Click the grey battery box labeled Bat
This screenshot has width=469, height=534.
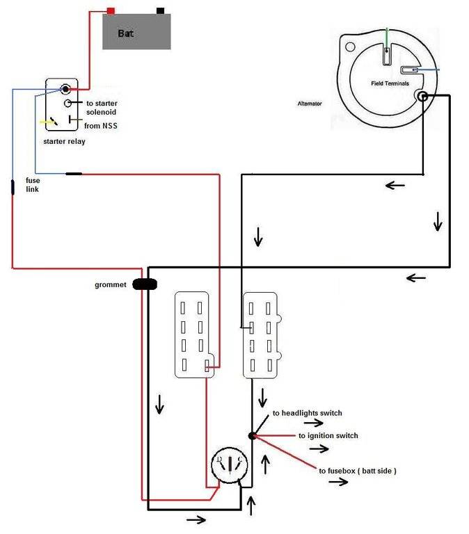point(138,32)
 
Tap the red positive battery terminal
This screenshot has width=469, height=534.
point(110,11)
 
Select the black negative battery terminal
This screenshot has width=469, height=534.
point(161,11)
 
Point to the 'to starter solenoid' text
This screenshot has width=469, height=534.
point(101,107)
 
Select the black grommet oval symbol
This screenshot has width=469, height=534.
point(145,284)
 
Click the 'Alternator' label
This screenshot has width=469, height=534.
point(309,103)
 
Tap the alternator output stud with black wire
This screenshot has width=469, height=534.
point(421,96)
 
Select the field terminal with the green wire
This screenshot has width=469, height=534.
point(387,53)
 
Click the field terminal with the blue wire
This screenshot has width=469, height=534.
point(409,70)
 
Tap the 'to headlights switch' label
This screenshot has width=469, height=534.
point(307,413)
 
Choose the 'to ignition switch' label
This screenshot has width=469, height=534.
point(328,435)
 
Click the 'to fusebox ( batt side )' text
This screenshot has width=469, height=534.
point(358,471)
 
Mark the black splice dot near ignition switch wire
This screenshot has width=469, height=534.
point(251,435)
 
